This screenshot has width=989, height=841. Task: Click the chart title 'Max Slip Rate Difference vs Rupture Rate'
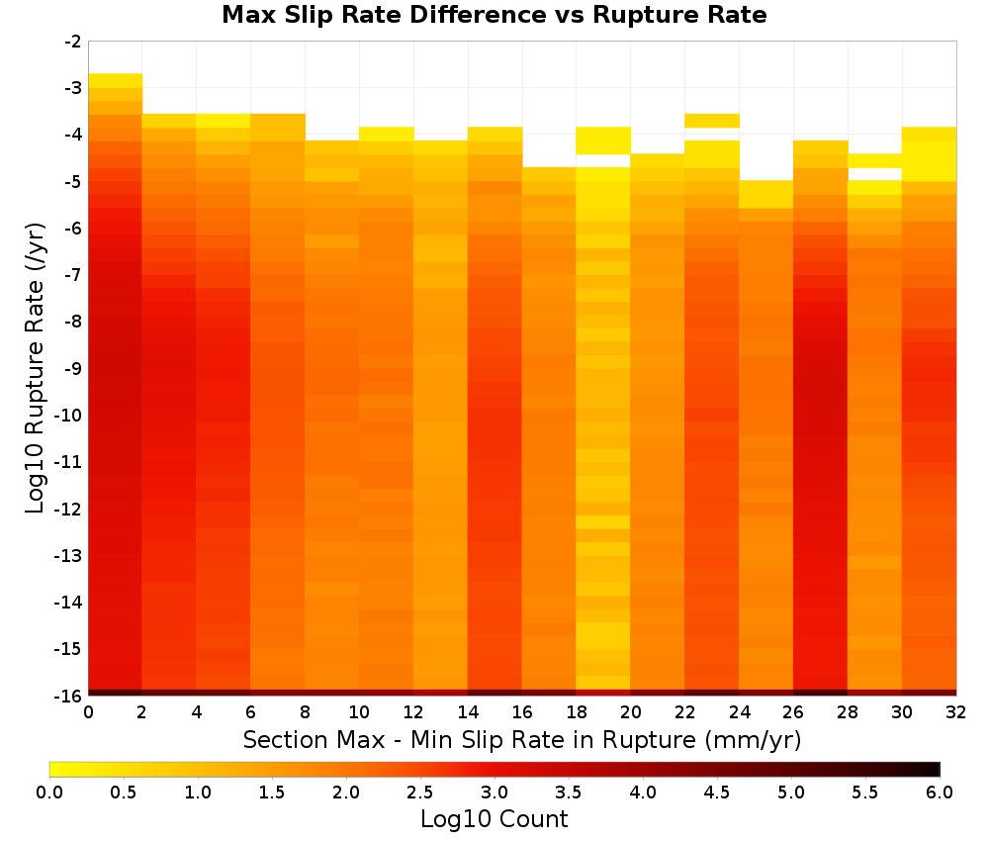494,15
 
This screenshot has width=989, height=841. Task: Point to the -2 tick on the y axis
73,42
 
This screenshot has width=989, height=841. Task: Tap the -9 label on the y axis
73,368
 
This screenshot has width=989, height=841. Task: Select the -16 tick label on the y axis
69,696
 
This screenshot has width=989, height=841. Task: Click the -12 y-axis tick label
69,509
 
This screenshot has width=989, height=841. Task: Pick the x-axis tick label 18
577,712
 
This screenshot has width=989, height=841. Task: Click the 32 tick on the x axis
956,712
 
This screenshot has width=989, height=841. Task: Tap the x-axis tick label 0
88,712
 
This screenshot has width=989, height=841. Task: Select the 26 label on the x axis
793,712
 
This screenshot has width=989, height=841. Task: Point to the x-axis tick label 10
360,712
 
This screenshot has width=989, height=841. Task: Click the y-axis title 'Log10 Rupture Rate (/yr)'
36,368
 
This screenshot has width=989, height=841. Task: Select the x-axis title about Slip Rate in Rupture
522,740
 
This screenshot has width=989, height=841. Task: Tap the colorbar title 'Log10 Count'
494,819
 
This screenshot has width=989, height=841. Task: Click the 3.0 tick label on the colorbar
494,793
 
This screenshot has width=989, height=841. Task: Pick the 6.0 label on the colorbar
940,793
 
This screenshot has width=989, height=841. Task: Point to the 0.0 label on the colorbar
49,793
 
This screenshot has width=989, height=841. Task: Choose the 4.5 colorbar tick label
716,793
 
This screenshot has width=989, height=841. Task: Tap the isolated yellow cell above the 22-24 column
711,121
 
